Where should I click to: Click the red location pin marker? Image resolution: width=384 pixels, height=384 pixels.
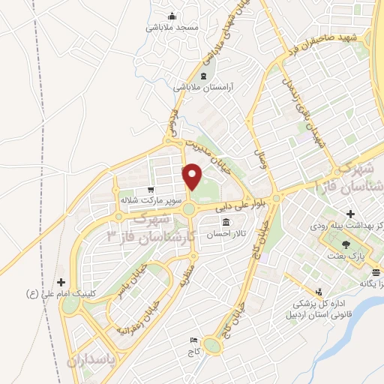[193, 175]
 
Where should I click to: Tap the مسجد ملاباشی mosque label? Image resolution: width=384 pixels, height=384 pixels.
[172, 27]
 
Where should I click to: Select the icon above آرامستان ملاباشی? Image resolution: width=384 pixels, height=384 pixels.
[202, 76]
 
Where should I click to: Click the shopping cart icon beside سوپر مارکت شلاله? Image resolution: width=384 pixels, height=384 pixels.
[151, 190]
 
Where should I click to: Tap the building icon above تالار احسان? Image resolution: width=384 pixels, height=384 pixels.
[226, 222]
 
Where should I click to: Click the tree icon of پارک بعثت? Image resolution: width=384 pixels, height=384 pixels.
[345, 244]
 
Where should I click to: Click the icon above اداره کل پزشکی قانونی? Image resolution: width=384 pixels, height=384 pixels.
[320, 291]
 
